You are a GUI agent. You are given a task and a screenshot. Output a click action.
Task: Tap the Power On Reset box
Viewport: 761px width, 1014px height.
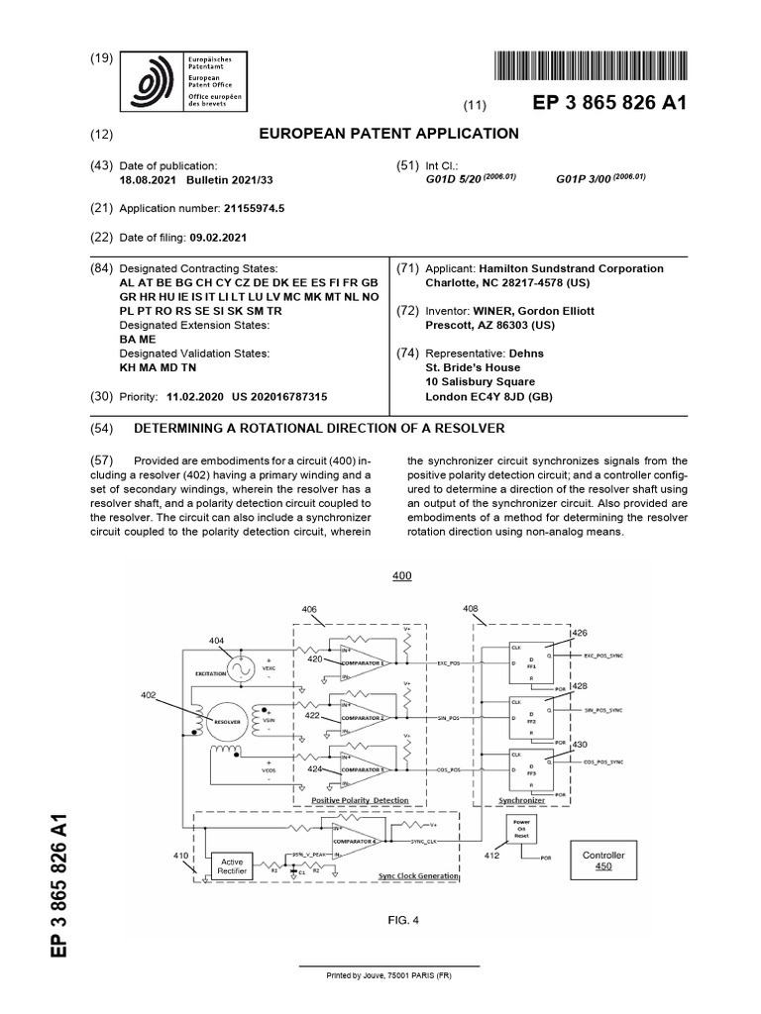[522, 828]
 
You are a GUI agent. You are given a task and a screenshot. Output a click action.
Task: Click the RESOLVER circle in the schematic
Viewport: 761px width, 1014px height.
[225, 722]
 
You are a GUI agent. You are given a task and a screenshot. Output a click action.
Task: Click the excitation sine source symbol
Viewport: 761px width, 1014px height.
[242, 670]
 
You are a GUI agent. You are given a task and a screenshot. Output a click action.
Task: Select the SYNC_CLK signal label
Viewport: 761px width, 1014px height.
[427, 841]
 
